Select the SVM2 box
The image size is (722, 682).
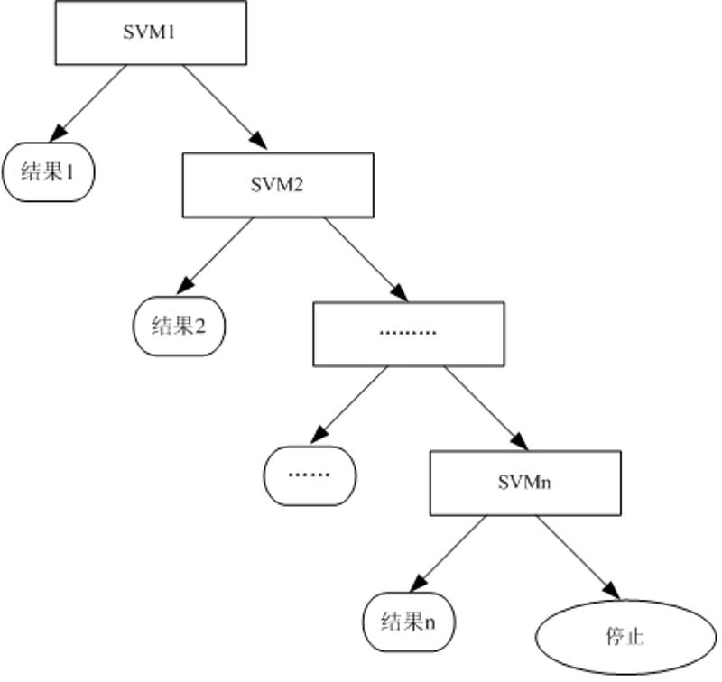tap(277, 185)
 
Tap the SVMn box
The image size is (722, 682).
tap(524, 483)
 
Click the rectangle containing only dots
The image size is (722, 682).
tap(408, 334)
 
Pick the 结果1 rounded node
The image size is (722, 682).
tap(48, 171)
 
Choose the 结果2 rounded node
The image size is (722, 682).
tap(179, 326)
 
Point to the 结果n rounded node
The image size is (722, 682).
tap(409, 622)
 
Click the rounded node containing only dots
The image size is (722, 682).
tap(310, 475)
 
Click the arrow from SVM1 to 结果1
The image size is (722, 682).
tap(90, 102)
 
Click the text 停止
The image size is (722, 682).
tap(625, 637)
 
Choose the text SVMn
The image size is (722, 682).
tap(524, 483)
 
